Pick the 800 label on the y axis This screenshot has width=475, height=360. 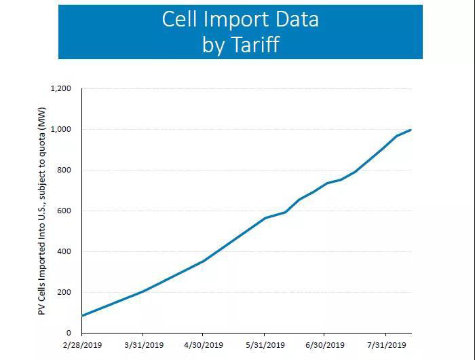pos(65,170)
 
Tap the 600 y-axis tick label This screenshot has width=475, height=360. pos(65,211)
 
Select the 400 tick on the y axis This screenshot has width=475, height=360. pos(65,251)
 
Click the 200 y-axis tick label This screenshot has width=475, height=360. pos(65,292)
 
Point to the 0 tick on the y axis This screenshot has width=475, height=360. pos(69,333)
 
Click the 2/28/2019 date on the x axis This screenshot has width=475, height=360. pos(81,346)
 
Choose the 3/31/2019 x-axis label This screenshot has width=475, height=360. pos(142,346)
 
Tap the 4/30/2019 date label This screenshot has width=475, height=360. pos(203,346)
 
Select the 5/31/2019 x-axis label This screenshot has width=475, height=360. pos(264,346)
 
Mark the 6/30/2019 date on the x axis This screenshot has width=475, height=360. pos(324,346)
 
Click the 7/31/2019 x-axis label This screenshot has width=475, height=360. pos(385,346)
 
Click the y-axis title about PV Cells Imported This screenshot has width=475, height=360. pos(42,211)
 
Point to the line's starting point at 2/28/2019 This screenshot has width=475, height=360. pos(82,316)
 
